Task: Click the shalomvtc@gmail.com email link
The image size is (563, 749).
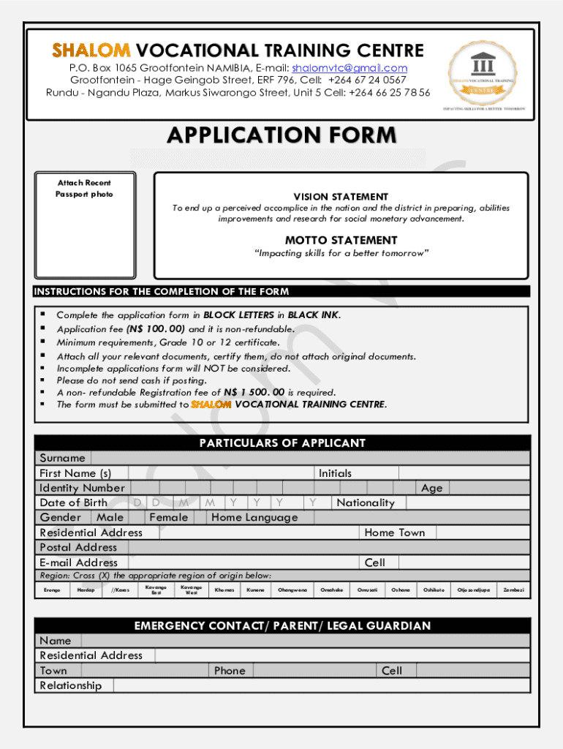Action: pos(349,68)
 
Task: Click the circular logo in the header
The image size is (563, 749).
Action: pos(483,73)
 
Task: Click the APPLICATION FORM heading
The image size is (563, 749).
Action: pos(281,135)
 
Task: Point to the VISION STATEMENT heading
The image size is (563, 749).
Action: pos(341,197)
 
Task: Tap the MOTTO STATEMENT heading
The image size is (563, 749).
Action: pos(341,240)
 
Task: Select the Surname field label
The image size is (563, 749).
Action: pos(62,458)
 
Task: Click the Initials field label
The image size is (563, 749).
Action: pos(335,473)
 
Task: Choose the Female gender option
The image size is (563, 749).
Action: pos(168,517)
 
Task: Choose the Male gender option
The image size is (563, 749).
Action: pos(110,517)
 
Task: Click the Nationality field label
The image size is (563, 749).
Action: pos(365,503)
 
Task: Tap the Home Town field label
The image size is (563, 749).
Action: pos(394,532)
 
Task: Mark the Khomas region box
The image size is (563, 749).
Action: pos(224,590)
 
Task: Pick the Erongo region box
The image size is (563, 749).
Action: pos(52,590)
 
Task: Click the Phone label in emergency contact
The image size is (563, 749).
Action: pos(230,670)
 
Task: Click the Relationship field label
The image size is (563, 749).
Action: pos(70,685)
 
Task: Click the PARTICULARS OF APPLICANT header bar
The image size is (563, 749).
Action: pos(281,443)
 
